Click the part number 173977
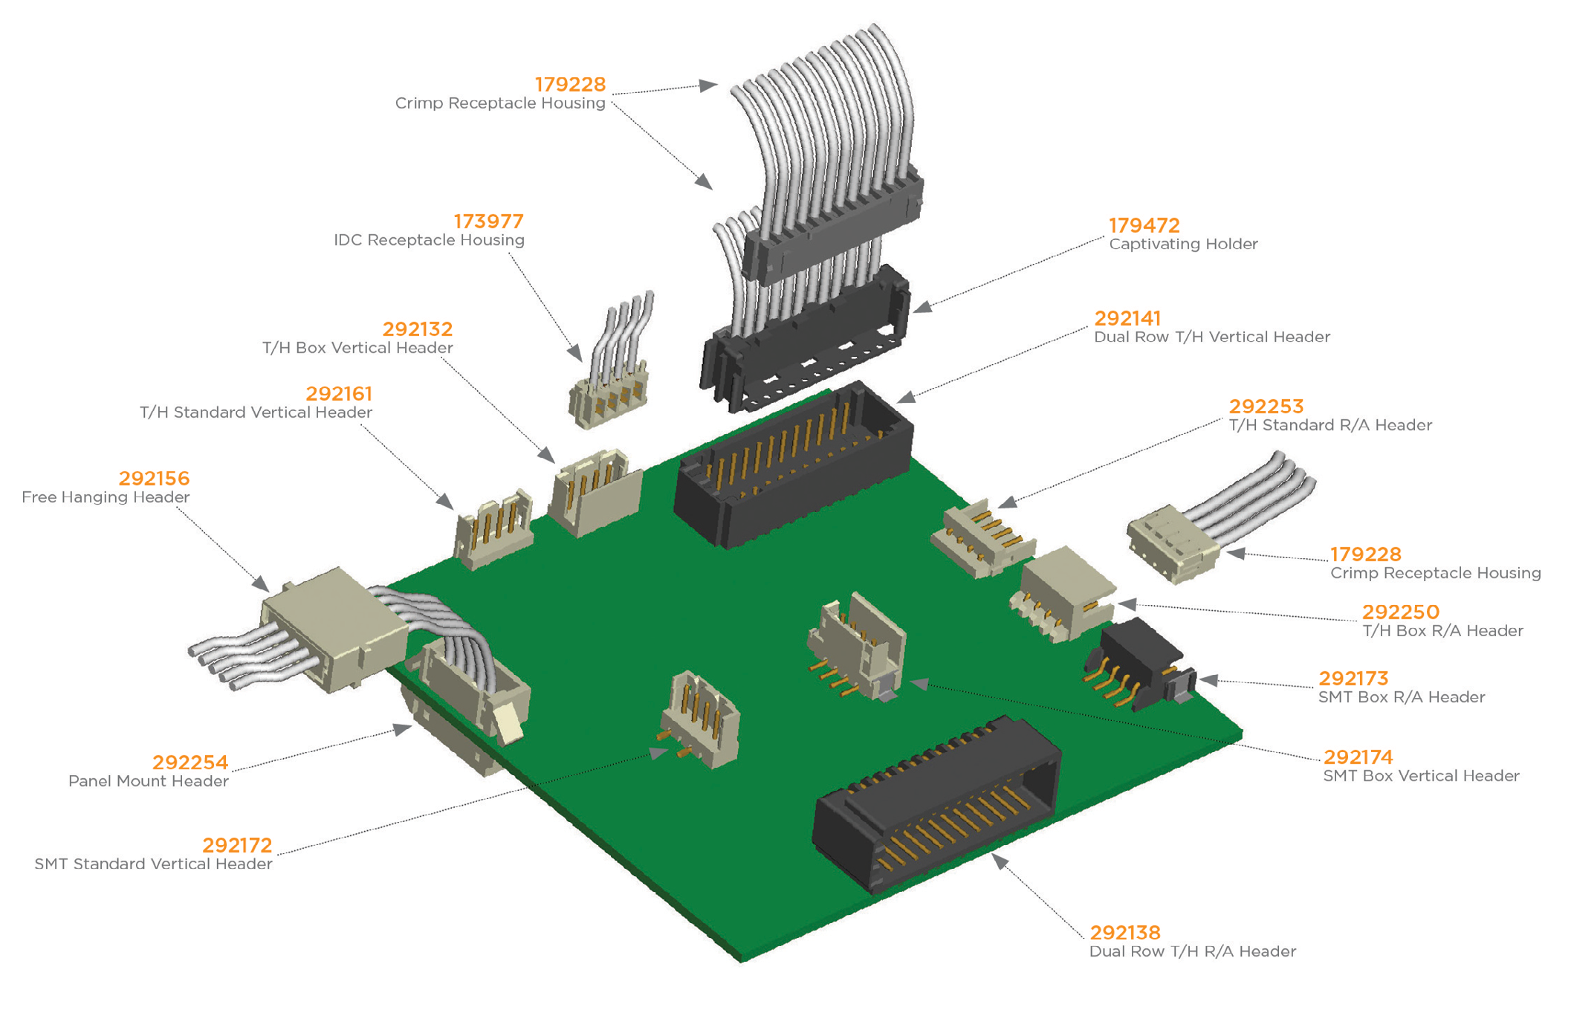click(488, 221)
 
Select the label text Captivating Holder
click(1183, 245)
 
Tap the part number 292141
click(1127, 318)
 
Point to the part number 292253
click(1266, 407)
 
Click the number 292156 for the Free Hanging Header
click(154, 479)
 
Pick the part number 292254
click(190, 763)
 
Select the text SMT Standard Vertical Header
click(153, 864)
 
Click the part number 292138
click(1124, 933)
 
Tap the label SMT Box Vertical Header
click(1421, 777)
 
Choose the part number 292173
click(1353, 679)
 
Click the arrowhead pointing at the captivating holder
click(922, 307)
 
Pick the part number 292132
click(417, 329)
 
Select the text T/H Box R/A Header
click(1442, 631)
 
